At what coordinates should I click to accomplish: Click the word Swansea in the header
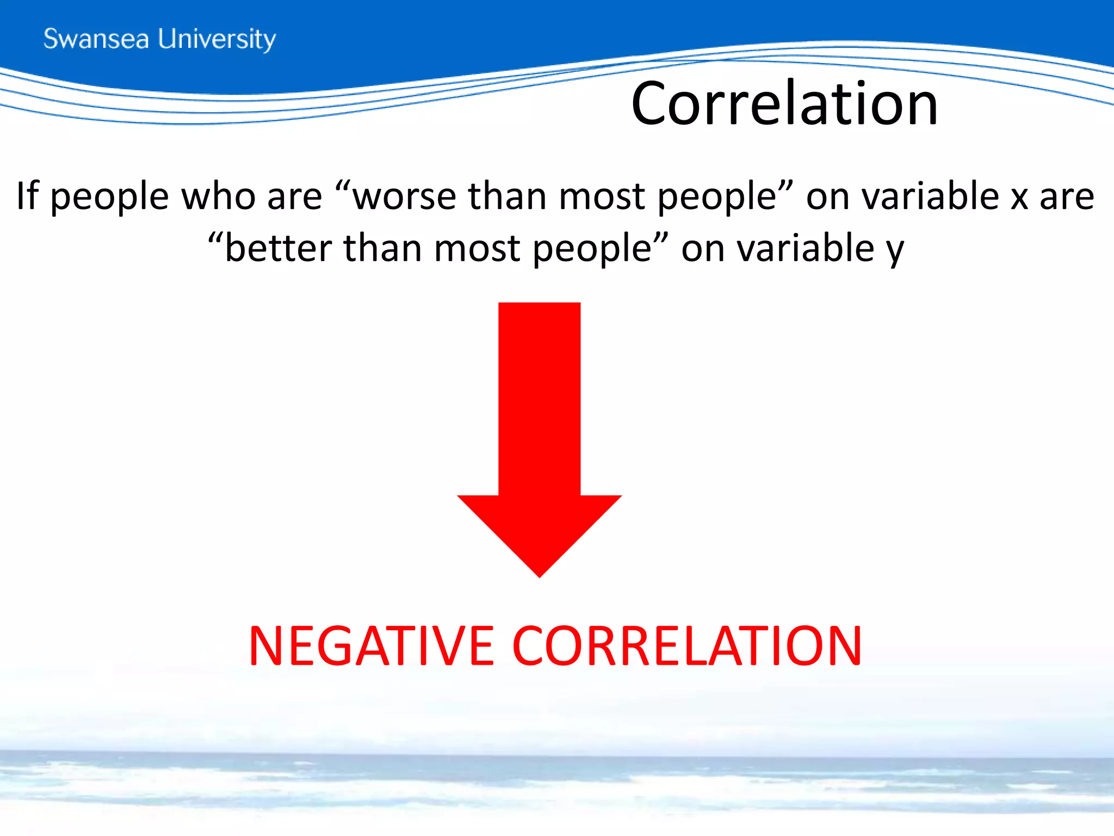click(96, 39)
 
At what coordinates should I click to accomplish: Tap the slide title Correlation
click(784, 103)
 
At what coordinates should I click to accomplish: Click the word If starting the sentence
click(27, 195)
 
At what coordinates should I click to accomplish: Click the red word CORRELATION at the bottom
click(687, 646)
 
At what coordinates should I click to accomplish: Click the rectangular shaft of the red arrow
click(539, 397)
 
